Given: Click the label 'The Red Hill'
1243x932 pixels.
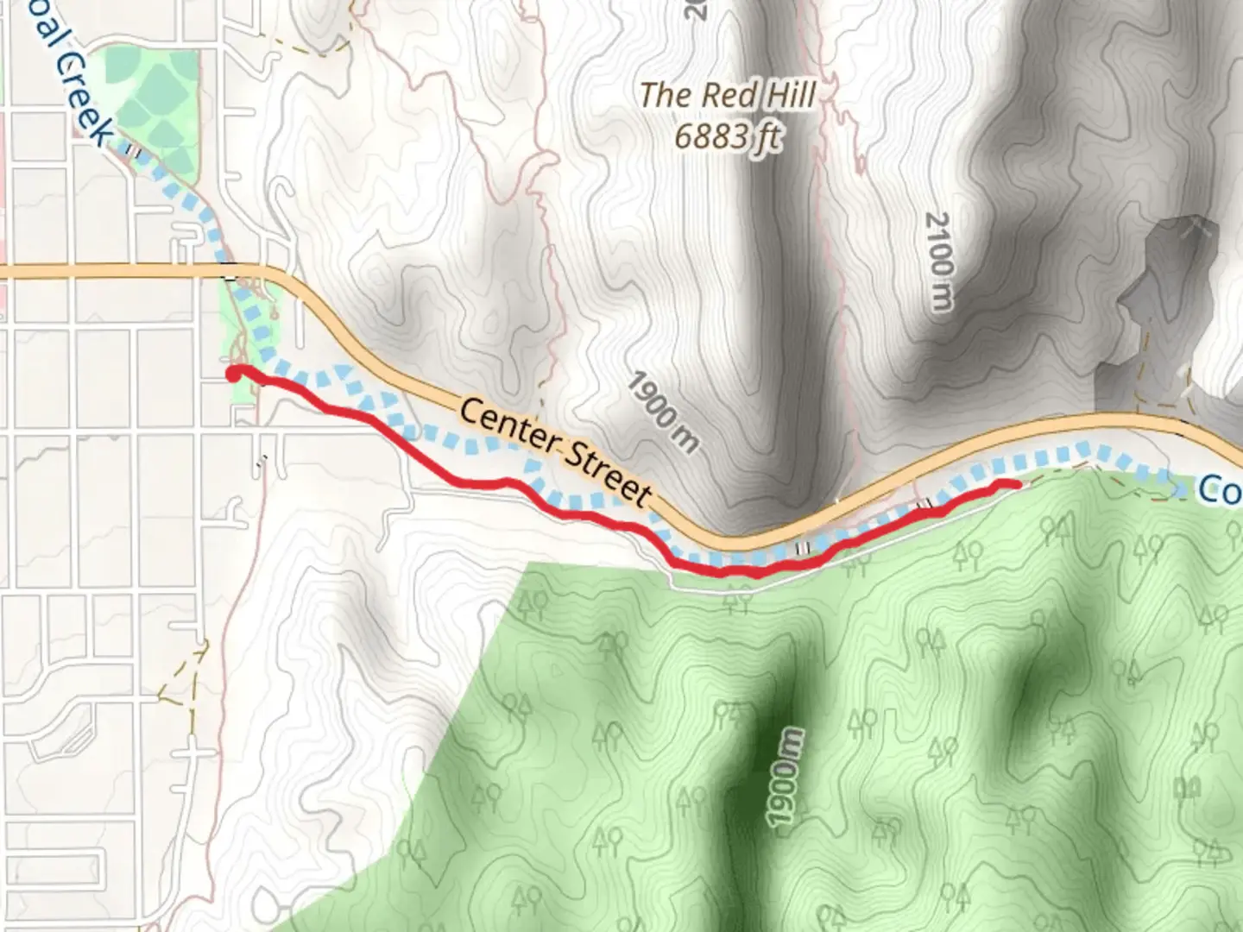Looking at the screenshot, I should [727, 95].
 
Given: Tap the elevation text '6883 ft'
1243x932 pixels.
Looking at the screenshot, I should [727, 136].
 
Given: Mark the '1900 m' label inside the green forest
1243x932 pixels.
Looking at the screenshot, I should [784, 778].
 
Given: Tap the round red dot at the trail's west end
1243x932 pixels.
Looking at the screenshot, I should [233, 374].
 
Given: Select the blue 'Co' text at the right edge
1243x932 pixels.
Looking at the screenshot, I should [1219, 490].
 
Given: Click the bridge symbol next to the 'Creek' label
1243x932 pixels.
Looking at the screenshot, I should [131, 150].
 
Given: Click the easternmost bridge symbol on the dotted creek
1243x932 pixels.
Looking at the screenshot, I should [926, 503].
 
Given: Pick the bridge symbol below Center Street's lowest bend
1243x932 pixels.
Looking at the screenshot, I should [803, 548].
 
